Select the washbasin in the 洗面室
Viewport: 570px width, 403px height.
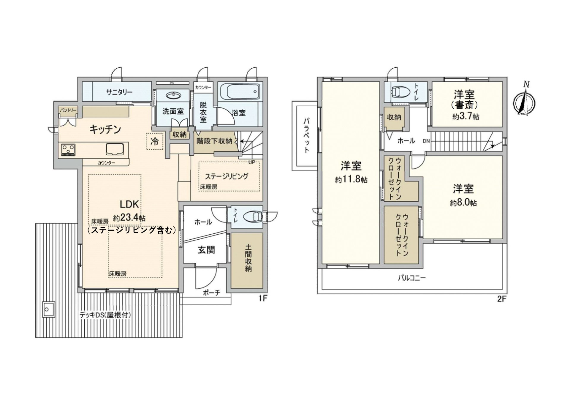pyautogui.click(x=174, y=95)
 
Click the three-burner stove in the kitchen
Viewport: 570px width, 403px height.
pyautogui.click(x=68, y=149)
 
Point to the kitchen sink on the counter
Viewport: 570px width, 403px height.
pyautogui.click(x=115, y=149)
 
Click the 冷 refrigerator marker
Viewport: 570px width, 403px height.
pyautogui.click(x=154, y=141)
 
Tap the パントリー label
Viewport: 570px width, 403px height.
pyautogui.click(x=68, y=110)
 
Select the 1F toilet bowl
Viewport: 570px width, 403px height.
pyautogui.click(x=252, y=217)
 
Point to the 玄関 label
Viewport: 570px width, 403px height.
pyautogui.click(x=206, y=250)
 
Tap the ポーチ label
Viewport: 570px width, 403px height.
pyautogui.click(x=211, y=293)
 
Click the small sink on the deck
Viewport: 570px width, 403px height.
pyautogui.click(x=48, y=309)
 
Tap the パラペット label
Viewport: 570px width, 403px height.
pyautogui.click(x=307, y=136)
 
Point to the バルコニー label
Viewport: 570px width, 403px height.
pyautogui.click(x=411, y=278)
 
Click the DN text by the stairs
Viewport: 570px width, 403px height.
pyautogui.click(x=426, y=141)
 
